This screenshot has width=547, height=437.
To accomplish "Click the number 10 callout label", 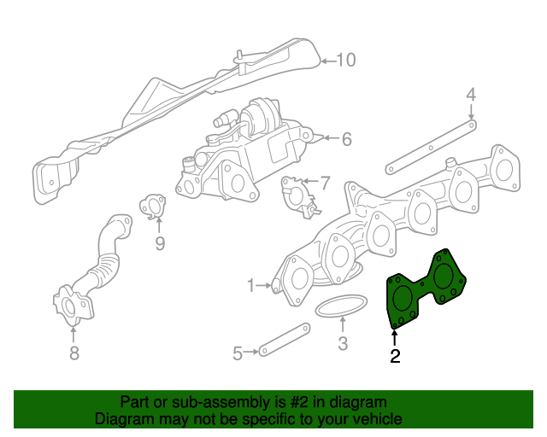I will (345, 61).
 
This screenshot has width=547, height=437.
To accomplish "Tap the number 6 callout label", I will (346, 138).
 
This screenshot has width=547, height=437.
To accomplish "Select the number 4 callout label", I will (470, 94).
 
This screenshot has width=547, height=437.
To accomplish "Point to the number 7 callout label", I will (324, 183).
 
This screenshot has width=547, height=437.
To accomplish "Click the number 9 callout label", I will (159, 244).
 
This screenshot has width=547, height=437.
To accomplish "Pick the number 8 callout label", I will (74, 353).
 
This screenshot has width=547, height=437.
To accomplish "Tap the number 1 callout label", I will (251, 284).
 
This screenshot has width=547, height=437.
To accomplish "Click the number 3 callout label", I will (343, 345).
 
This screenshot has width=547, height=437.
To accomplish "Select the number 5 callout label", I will (238, 351).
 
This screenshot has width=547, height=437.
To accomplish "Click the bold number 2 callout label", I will (395, 357).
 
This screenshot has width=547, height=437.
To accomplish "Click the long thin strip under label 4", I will (427, 144).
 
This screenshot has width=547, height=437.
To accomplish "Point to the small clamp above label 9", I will (153, 207).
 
